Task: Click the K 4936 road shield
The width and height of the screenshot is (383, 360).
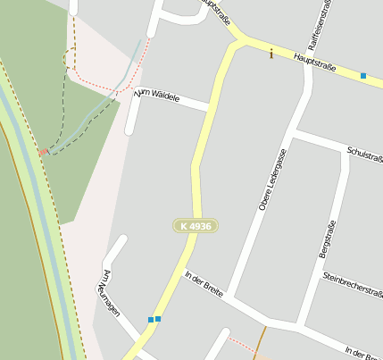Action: (196, 227)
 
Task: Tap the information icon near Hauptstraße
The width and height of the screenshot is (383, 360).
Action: (271, 54)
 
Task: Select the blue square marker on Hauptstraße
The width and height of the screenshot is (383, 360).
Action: (363, 76)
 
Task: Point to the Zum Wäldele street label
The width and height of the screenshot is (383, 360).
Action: (157, 95)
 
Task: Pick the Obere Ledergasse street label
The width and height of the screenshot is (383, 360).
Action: (271, 180)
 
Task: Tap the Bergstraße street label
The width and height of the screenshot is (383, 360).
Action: (327, 239)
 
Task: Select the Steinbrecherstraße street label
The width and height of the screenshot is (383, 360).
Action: (353, 283)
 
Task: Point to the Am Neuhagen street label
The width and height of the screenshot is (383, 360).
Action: (112, 288)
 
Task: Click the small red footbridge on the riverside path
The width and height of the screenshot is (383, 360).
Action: (42, 153)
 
